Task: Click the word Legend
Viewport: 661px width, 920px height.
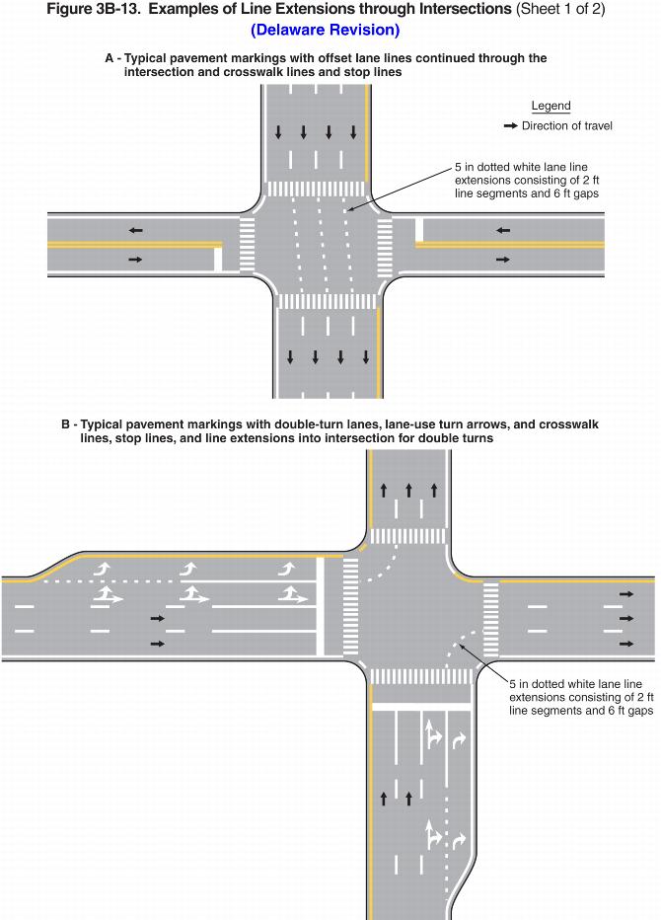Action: click(551, 106)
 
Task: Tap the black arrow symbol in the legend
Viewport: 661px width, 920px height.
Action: click(510, 126)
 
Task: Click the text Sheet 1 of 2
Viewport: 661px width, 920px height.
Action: click(557, 9)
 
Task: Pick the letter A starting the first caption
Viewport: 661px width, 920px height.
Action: click(109, 59)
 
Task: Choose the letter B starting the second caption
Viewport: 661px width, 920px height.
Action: click(65, 423)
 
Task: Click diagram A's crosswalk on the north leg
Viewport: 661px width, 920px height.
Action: click(317, 188)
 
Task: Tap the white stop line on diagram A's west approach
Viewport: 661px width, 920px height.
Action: click(218, 260)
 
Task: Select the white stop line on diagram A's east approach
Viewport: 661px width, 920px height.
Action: click(418, 230)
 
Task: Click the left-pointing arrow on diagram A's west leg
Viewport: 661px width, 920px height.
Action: click(134, 230)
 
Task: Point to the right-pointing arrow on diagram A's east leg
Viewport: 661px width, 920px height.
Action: click(503, 260)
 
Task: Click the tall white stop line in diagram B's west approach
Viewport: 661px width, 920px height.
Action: click(320, 606)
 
